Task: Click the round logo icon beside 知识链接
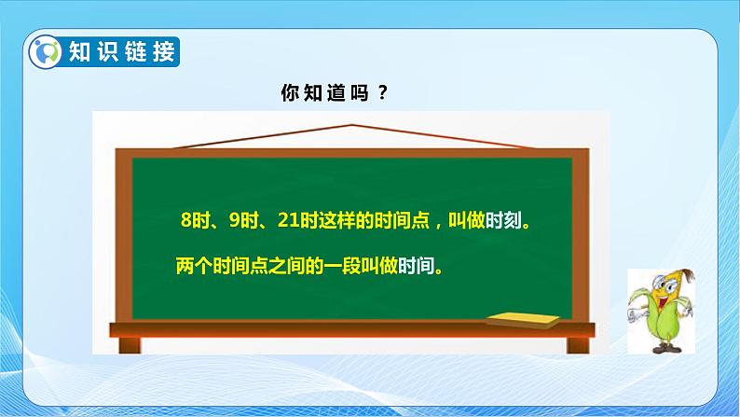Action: pos(48,51)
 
